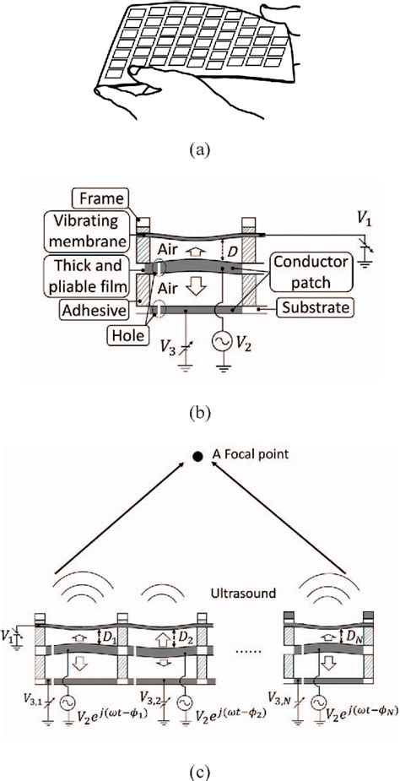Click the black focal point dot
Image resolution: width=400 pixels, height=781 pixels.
click(x=197, y=456)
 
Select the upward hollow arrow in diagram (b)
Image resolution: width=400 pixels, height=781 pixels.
click(x=197, y=251)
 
